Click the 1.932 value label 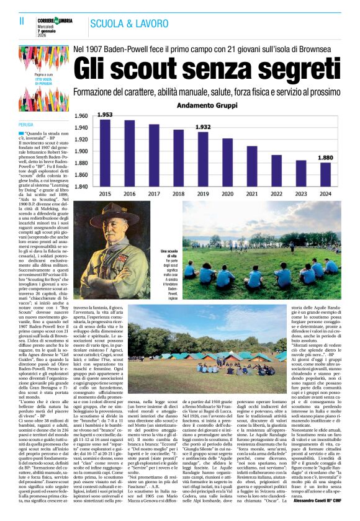point(203,127)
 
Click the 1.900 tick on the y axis point(81,151)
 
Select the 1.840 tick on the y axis point(81,186)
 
